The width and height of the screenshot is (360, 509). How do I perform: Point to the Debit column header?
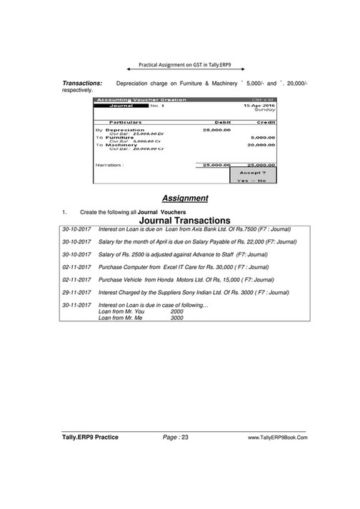click(215, 122)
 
